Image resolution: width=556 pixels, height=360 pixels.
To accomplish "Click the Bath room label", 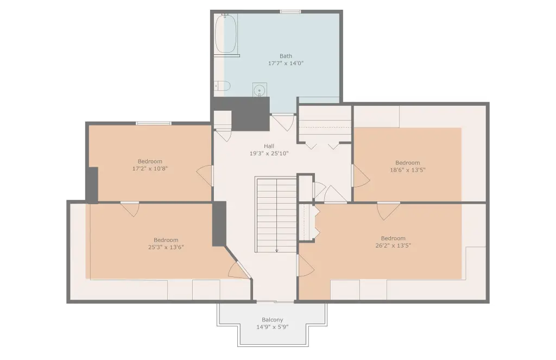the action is click(x=286, y=56).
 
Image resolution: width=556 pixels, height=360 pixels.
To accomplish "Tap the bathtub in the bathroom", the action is click(x=226, y=33).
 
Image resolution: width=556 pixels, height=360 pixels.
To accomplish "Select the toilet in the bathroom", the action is click(x=222, y=86).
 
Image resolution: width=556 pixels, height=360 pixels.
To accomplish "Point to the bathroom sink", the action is click(x=260, y=90).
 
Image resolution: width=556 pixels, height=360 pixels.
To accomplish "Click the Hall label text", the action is click(x=269, y=146).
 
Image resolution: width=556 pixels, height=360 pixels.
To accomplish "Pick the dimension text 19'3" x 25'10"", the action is click(x=269, y=154).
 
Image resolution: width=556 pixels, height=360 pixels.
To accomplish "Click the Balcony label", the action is click(x=273, y=320).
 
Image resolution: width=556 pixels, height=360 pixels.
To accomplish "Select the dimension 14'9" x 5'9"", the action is click(x=273, y=327).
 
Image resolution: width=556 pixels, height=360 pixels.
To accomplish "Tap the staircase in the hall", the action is click(x=276, y=215).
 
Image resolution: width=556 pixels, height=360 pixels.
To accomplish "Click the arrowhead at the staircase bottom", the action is click(x=276, y=251).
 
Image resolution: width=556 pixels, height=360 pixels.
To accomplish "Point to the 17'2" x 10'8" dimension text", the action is click(x=150, y=169).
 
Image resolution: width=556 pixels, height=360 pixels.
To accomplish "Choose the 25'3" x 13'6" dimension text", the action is click(x=166, y=247).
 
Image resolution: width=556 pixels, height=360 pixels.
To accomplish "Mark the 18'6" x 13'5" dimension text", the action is click(x=407, y=170).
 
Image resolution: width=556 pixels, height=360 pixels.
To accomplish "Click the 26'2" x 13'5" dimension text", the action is click(x=393, y=245).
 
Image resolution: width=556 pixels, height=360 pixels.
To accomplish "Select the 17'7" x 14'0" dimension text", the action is click(x=286, y=64).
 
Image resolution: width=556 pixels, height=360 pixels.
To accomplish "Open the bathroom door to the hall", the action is click(x=283, y=122).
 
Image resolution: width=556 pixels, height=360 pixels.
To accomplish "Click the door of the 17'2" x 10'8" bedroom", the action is click(x=205, y=175).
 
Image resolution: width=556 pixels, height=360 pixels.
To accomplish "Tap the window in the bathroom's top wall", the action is click(x=290, y=12).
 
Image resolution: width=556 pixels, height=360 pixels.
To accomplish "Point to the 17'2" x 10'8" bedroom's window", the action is click(x=154, y=123).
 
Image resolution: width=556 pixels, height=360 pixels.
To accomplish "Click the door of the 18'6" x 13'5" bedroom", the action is click(x=360, y=176).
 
